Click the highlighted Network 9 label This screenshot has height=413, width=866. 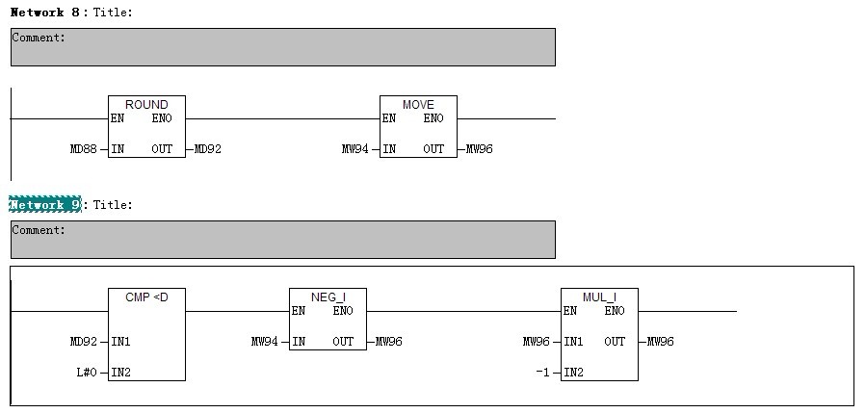pos(45,205)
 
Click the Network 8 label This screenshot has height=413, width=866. pos(45,12)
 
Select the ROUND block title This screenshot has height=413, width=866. pos(146,104)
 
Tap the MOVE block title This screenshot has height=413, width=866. pos(418,104)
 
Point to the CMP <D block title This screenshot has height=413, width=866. pos(146,297)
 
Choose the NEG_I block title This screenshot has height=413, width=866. pos(328,297)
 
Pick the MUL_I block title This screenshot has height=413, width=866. pos(599,297)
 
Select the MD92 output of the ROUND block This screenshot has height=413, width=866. pos(208,149)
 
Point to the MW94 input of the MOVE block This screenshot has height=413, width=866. pos(355,149)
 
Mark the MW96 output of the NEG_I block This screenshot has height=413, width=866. pos(389,342)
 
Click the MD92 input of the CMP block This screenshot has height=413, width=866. pos(84,342)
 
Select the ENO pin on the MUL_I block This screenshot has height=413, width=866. pos(615,311)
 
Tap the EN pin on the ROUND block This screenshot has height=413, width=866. pos(118,118)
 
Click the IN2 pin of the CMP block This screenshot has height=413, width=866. pos(121,372)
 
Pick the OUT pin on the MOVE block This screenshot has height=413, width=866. pos(433,149)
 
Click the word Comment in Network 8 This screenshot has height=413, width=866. pos(39,38)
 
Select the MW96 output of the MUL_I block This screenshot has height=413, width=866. pos(661,342)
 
